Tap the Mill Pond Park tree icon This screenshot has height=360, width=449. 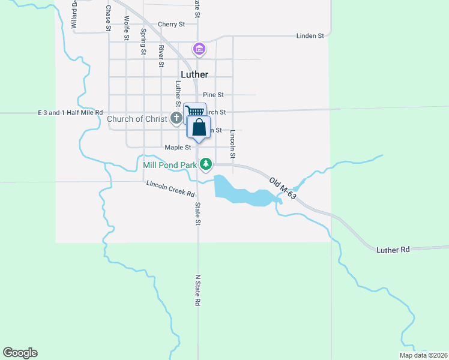tap(206, 164)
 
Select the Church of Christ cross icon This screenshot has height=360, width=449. tap(176, 119)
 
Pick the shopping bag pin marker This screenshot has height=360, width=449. tap(199, 128)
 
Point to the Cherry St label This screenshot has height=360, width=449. tap(171, 25)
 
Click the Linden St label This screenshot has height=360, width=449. tap(310, 36)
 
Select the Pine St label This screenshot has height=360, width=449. tap(213, 95)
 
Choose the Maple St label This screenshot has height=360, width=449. tap(178, 148)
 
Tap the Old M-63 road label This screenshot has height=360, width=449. tap(283, 188)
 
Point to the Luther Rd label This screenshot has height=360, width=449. tap(393, 249)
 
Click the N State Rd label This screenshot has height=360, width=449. tap(197, 291)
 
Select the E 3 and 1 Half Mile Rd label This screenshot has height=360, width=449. tap(70, 113)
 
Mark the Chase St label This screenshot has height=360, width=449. tap(109, 18)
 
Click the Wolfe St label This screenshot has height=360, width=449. tap(127, 28)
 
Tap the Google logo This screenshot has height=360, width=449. tap(20, 353)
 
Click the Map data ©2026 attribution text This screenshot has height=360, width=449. tap(423, 355)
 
